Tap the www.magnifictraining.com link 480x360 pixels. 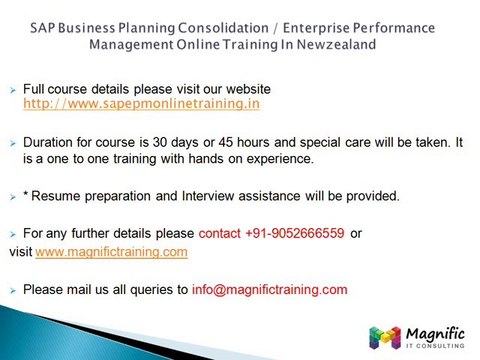[x=111, y=252]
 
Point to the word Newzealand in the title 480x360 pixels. [x=332, y=44]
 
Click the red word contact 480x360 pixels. [x=220, y=233]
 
